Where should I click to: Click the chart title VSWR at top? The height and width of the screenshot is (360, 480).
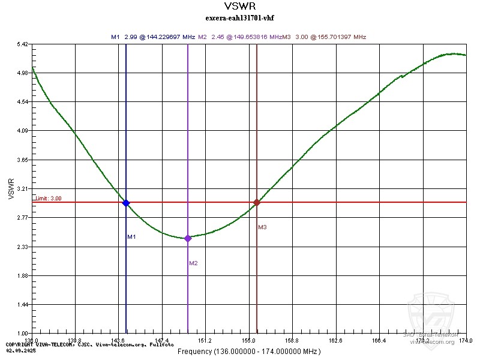coord(239,7)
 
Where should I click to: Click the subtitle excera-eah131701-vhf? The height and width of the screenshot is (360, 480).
coord(239,18)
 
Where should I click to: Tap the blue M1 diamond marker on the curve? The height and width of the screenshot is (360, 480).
coord(126,203)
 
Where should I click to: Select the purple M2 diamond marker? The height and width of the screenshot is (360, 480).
coord(188,238)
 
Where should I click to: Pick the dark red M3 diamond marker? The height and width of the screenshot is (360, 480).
coord(257,202)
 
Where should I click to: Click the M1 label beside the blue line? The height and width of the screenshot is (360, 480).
coord(132,237)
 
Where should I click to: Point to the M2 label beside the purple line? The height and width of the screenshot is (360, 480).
coord(193,263)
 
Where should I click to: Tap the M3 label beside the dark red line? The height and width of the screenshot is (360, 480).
coord(262,227)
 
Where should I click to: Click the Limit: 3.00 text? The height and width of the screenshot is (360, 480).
coord(48,198)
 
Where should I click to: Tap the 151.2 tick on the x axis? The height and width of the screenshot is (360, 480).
coord(205,340)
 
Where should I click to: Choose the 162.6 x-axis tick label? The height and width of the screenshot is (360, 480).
coord(335,340)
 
